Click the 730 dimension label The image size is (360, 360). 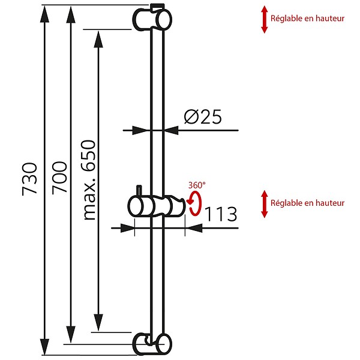coord(29,179)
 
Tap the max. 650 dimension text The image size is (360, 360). coord(89,180)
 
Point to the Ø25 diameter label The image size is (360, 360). coord(203,116)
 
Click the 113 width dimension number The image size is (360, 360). coord(220,214)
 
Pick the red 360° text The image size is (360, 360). coord(197,185)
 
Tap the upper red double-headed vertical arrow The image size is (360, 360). coord(265,20)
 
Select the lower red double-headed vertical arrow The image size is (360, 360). coord(265,204)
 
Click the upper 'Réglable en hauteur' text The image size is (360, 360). coord(307,19)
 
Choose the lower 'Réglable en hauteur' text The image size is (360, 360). coord(307,203)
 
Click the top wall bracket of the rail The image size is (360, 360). coord(152,17)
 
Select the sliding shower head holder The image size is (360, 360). coord(157,206)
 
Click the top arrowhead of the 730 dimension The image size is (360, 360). coord(44,14)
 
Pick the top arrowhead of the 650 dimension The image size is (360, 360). coord(98,39)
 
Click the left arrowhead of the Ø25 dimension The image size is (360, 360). coord(140,130)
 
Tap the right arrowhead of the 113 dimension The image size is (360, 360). coord(194,228)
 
